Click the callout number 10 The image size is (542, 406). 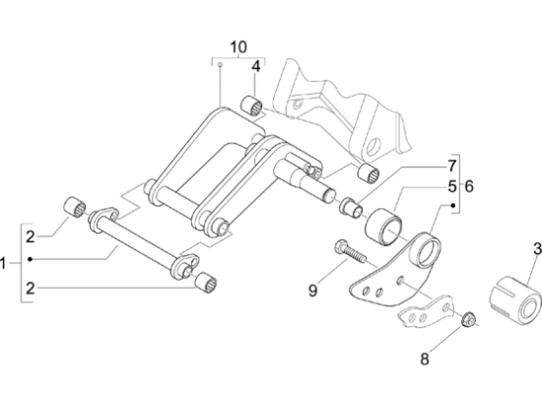[x=238, y=47]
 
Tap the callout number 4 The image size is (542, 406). [x=256, y=66]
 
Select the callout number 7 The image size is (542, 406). [x=452, y=166]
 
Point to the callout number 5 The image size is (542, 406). [x=452, y=186]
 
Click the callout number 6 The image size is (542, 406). [x=469, y=186]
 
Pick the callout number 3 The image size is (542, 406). [x=537, y=248]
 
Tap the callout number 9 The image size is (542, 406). [x=312, y=291]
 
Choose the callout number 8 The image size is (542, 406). [x=425, y=359]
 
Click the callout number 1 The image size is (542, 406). [x=3, y=264]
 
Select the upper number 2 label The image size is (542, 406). [x=31, y=237]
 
